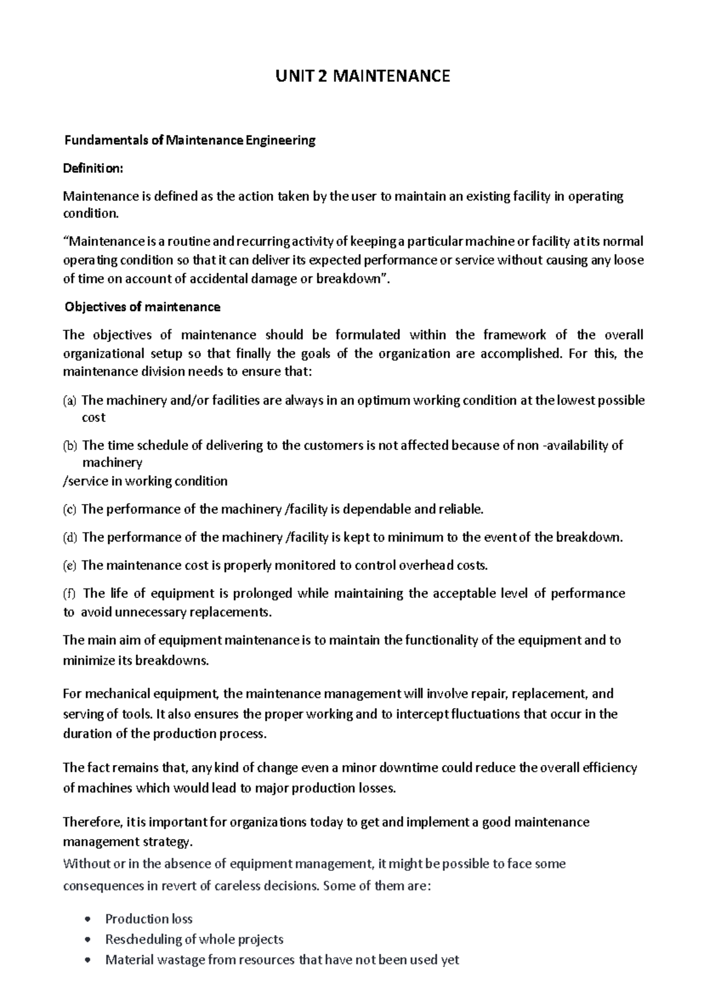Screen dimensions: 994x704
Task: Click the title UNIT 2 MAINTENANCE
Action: [363, 76]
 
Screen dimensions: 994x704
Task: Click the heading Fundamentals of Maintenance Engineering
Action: [189, 141]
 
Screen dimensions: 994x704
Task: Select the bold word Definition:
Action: [93, 168]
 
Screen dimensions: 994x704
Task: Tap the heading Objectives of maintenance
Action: [142, 307]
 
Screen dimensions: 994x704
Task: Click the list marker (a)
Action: [70, 401]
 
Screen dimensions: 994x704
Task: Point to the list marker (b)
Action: [70, 446]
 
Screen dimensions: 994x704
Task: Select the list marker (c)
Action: [70, 509]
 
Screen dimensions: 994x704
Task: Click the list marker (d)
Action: [70, 537]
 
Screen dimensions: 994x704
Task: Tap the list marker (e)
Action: [70, 566]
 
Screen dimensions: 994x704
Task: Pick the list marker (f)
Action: [69, 594]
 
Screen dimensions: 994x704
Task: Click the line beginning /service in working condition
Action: [145, 481]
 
